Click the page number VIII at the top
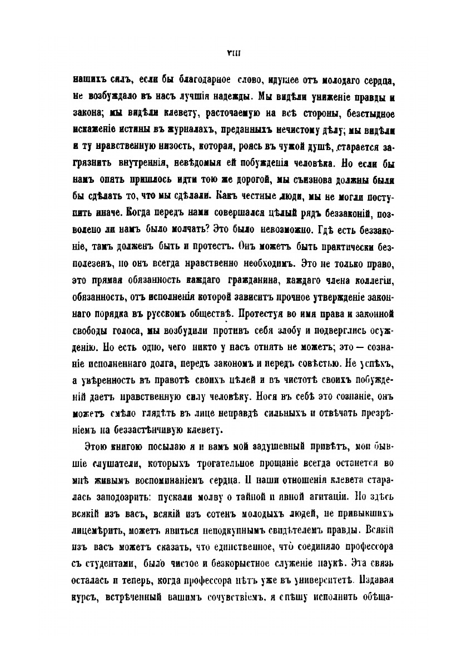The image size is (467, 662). (233, 52)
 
